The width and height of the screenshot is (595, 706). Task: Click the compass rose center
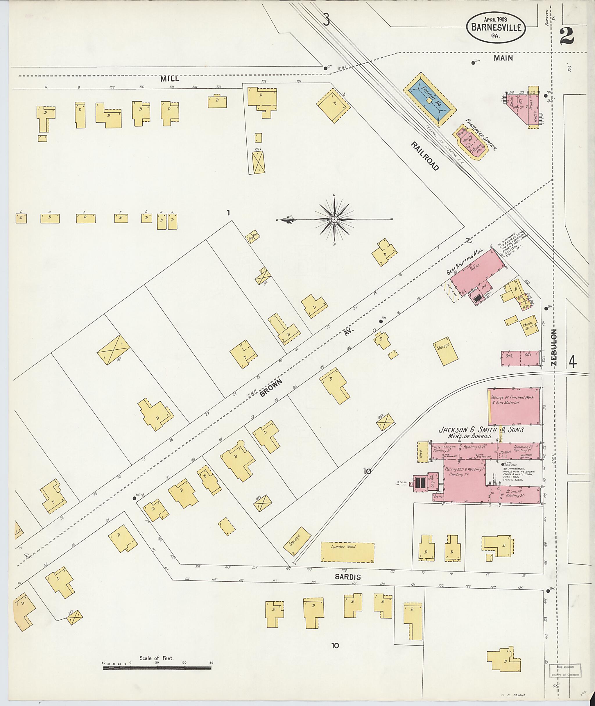(x=334, y=219)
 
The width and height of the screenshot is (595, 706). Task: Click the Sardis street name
(x=347, y=577)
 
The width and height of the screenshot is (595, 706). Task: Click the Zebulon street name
(x=554, y=348)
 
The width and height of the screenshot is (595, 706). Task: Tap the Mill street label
(x=170, y=79)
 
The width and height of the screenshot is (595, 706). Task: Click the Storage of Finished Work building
(x=513, y=406)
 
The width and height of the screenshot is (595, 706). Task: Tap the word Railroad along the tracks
(x=425, y=156)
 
